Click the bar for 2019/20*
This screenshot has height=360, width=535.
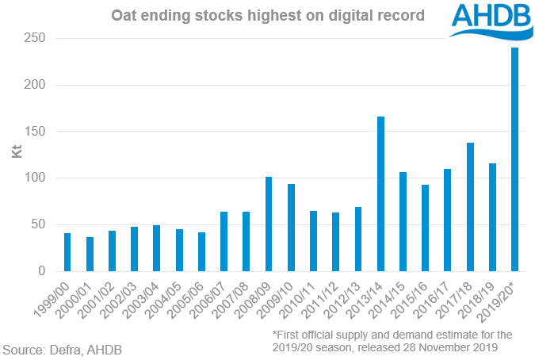515,159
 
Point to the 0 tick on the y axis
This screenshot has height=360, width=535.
40,271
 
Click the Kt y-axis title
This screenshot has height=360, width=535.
15,151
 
